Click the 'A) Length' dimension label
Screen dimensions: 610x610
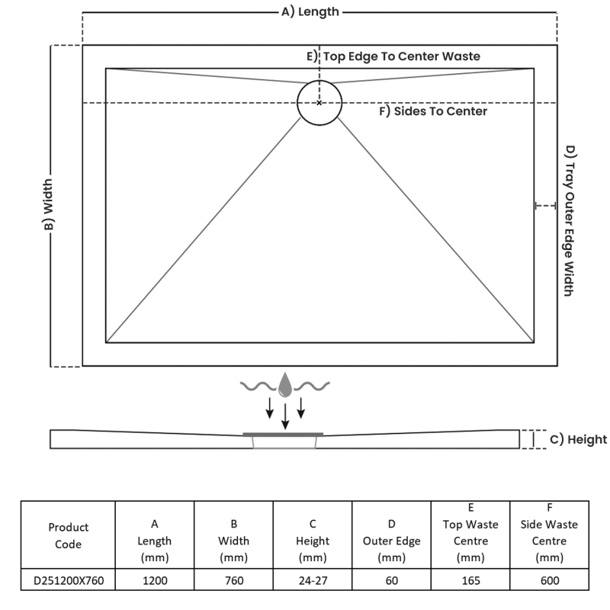pos(310,11)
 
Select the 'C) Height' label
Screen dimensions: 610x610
pos(579,439)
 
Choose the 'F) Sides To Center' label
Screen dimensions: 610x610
pos(433,111)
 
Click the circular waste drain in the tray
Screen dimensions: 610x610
pos(319,102)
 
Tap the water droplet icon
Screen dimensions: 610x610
pos(285,384)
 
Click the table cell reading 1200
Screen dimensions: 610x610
pos(155,580)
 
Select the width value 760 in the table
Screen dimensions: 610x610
pos(234,580)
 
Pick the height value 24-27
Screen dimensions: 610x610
pos(313,580)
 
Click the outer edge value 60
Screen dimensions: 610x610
pos(392,580)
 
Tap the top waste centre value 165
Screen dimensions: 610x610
pos(470,580)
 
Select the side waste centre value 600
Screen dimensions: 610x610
pos(549,580)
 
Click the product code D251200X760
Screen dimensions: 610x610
pos(68,580)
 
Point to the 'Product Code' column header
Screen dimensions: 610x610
pos(68,535)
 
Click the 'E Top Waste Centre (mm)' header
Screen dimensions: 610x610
pos(470,533)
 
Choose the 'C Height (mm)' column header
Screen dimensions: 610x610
pos(313,541)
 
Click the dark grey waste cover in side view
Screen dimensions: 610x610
pos(283,434)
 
